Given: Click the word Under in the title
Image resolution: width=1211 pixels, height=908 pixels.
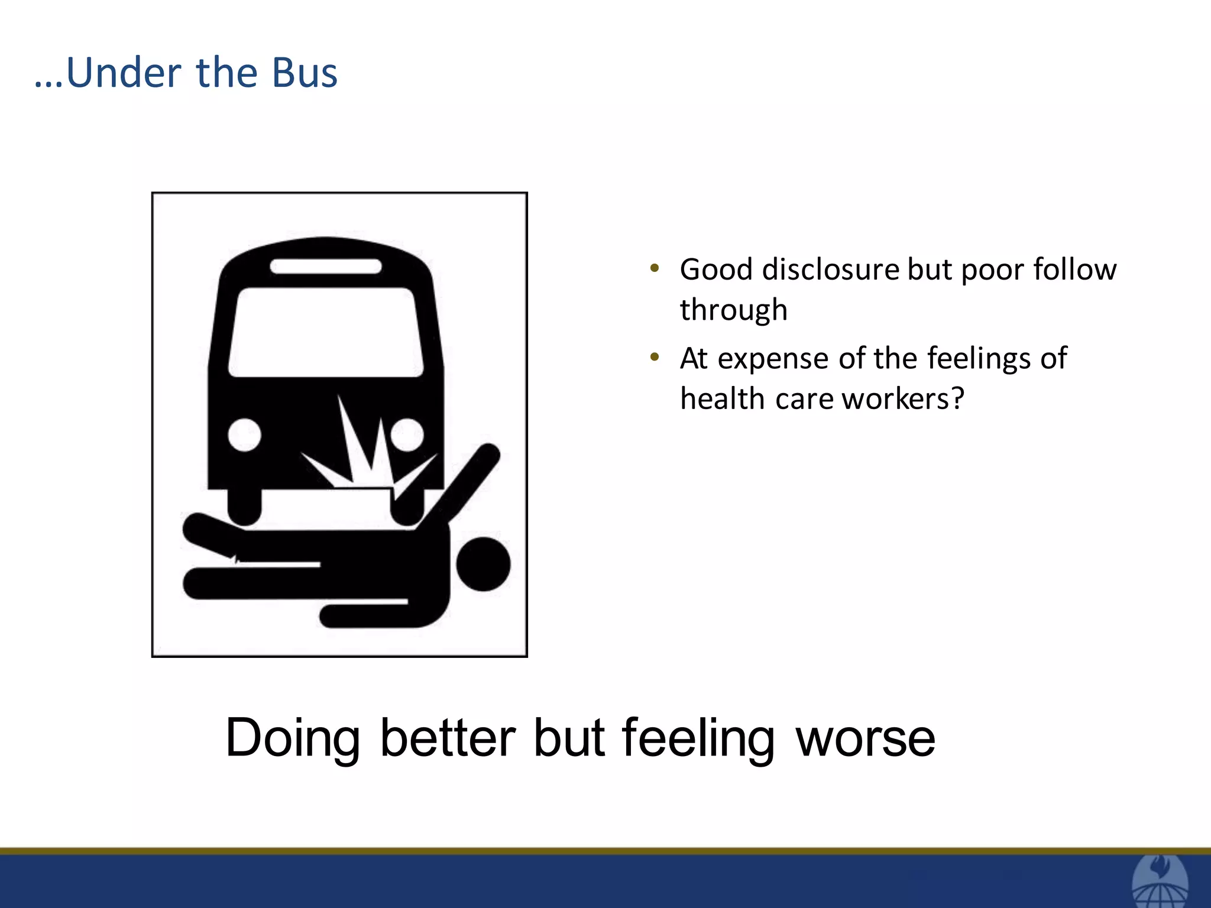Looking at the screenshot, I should click(x=124, y=73).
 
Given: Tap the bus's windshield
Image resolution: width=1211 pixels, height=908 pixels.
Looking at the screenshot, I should click(x=326, y=332).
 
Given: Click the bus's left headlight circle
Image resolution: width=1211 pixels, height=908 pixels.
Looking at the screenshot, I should click(x=244, y=435).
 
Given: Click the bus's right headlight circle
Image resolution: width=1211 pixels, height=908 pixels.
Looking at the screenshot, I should click(x=407, y=434).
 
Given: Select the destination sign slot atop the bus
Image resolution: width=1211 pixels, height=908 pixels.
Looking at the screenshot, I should click(x=326, y=267).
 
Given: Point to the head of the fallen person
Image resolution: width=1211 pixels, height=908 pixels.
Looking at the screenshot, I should click(x=483, y=563).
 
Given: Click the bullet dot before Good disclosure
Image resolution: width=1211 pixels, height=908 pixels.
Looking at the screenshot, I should click(x=654, y=268).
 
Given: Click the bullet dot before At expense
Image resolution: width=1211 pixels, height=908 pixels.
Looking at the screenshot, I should click(x=654, y=357).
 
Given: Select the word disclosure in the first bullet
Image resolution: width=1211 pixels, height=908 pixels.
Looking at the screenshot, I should click(x=830, y=270).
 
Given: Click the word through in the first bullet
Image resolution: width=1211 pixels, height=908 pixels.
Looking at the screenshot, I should click(x=733, y=310).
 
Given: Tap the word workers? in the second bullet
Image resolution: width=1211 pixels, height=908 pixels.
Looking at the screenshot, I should click(x=903, y=399).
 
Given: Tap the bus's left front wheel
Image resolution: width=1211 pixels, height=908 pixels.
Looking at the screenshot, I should click(x=244, y=505).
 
